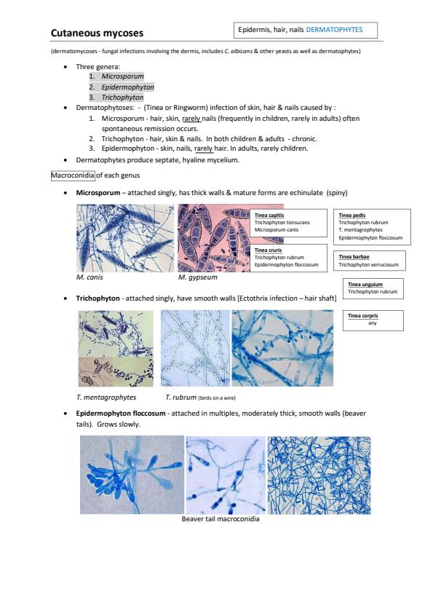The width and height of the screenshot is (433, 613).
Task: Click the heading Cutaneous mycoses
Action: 97,33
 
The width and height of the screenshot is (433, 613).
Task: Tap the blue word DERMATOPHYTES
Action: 334,30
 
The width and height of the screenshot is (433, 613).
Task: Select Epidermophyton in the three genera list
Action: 128,87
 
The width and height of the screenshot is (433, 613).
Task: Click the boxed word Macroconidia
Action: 73,175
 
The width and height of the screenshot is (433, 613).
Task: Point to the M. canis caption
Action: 90,277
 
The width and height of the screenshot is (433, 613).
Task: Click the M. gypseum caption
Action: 197,277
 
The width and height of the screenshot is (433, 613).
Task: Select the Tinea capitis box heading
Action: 269,215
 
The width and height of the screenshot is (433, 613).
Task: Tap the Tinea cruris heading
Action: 268,250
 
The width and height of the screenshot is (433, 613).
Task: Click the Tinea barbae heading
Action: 354,256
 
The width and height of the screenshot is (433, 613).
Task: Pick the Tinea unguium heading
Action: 365,284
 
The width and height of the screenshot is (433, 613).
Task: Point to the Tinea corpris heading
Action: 363,315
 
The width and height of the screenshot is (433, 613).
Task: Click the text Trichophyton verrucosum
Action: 368,265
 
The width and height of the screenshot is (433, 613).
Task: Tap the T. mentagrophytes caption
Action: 106,398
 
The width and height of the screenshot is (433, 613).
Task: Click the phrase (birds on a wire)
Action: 217,398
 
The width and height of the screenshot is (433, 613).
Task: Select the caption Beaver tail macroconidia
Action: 221,519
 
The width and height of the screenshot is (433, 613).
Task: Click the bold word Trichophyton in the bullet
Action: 98,298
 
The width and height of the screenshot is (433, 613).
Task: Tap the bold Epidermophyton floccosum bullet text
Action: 121,414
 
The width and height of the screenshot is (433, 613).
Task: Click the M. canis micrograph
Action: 125,238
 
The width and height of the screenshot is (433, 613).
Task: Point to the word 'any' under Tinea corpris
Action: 373,323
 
